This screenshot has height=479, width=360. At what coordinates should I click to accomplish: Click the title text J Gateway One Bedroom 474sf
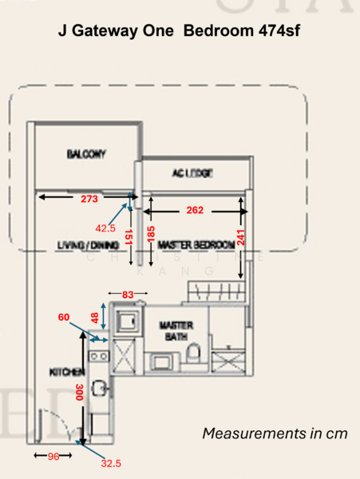(180, 32)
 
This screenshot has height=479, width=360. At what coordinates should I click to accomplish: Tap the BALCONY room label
(87, 154)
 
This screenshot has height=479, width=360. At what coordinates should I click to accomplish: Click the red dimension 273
(90, 199)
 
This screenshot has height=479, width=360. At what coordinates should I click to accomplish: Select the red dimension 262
(195, 211)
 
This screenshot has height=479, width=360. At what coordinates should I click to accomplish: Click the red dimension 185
(150, 235)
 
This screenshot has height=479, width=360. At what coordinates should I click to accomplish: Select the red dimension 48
(93, 318)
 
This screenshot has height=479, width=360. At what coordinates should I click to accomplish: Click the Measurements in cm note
(275, 433)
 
